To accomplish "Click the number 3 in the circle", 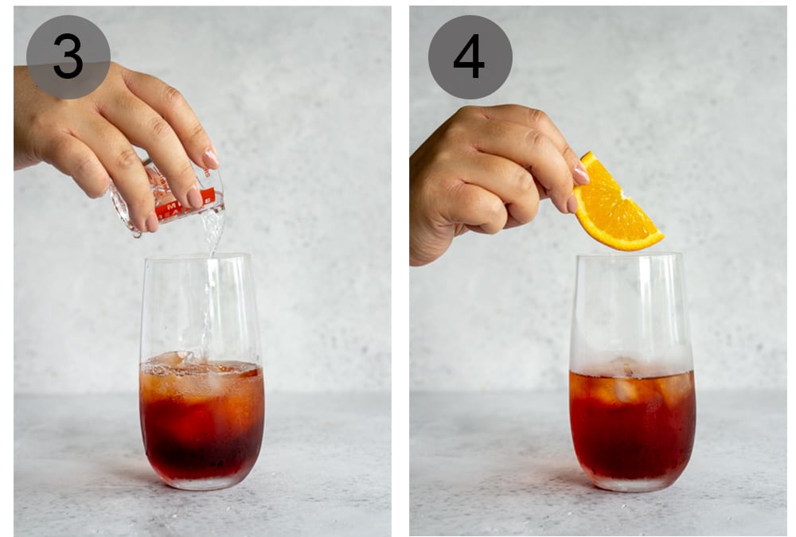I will point(68,56).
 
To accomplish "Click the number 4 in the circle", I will point(470,56).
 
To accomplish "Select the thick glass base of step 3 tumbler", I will point(201,481).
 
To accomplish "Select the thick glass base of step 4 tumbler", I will point(633,482).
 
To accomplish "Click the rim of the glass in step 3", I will point(199,257).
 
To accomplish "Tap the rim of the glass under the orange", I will point(629,256).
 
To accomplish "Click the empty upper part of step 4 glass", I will point(629,310).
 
